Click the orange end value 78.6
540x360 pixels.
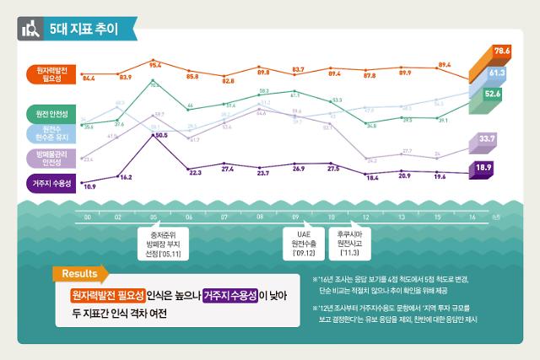pos(503,51)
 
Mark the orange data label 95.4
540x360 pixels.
pos(155,64)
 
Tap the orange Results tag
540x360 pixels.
pos(80,274)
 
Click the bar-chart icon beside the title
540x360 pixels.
pos(32,28)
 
